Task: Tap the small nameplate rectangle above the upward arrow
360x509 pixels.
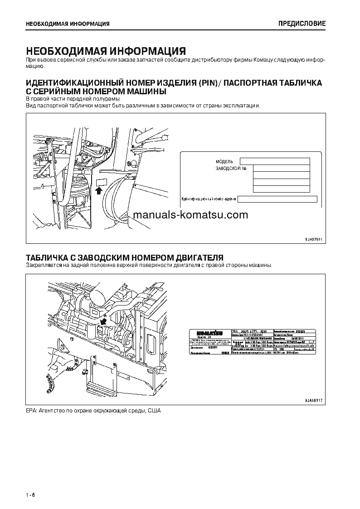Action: coord(101,182)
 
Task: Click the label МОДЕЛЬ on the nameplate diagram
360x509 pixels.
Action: coord(224,161)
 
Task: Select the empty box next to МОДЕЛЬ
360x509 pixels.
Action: coord(275,161)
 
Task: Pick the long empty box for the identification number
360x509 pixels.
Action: coord(277,199)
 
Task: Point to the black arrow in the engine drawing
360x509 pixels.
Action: coord(104,321)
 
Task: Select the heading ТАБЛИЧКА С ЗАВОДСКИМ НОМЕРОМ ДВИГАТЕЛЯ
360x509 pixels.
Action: coord(124,257)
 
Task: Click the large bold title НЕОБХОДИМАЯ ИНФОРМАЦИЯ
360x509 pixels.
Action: coord(106,50)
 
